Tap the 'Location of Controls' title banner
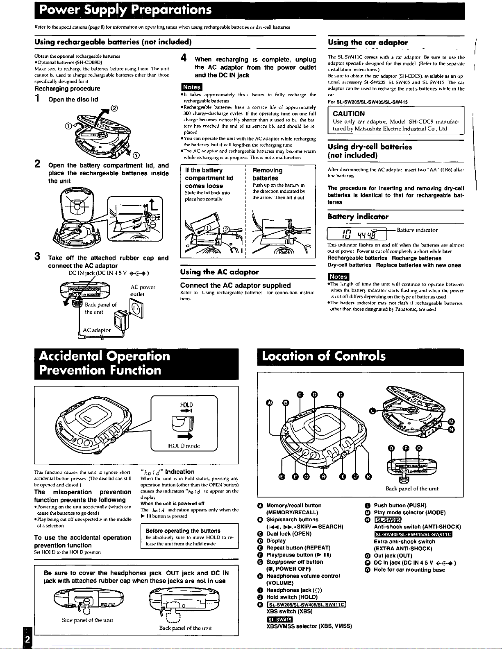(324, 356)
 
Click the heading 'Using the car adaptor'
(368, 42)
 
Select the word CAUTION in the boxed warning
(349, 114)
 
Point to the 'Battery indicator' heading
(358, 217)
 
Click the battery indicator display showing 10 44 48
(358, 234)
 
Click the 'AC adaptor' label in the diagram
(97, 330)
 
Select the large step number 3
(37, 257)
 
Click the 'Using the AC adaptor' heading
(220, 272)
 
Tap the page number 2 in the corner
(27, 640)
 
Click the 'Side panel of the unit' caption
(87, 620)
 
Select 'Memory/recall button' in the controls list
(293, 505)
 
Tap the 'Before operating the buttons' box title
(183, 531)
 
